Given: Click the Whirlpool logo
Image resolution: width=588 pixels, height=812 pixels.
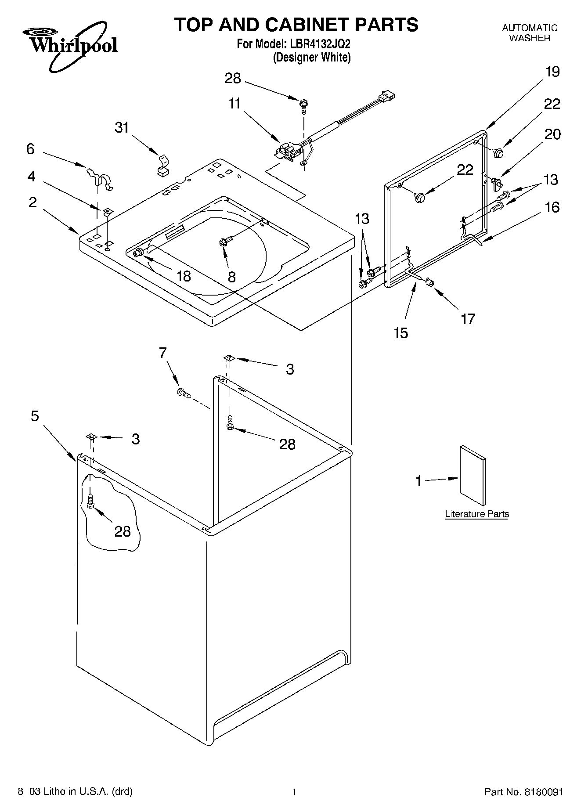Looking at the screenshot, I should click(x=70, y=47).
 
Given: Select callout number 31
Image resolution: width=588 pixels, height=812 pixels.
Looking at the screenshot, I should click(x=122, y=127).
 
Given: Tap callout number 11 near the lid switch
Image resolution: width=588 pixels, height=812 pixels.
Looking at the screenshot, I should click(x=234, y=104).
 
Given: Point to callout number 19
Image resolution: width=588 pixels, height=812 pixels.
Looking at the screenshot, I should click(x=552, y=72).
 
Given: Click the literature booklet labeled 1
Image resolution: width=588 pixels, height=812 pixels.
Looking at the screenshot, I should click(x=473, y=476).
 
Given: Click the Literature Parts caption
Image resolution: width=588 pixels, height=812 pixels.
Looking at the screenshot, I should click(x=476, y=514).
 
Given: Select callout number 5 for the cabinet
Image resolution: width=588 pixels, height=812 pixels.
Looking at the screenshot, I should click(x=35, y=416).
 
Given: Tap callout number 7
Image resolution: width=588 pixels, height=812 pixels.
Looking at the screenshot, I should click(x=163, y=352).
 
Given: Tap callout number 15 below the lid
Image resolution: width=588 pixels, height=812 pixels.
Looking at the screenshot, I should click(x=401, y=332).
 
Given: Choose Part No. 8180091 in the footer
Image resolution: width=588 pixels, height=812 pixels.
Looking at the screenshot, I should click(x=523, y=792).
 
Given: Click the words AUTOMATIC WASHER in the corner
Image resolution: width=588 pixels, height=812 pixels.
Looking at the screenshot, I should click(x=530, y=33).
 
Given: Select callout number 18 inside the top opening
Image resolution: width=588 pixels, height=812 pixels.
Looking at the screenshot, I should click(x=184, y=276).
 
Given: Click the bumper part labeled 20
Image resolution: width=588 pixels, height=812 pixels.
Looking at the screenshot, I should click(x=497, y=183).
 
